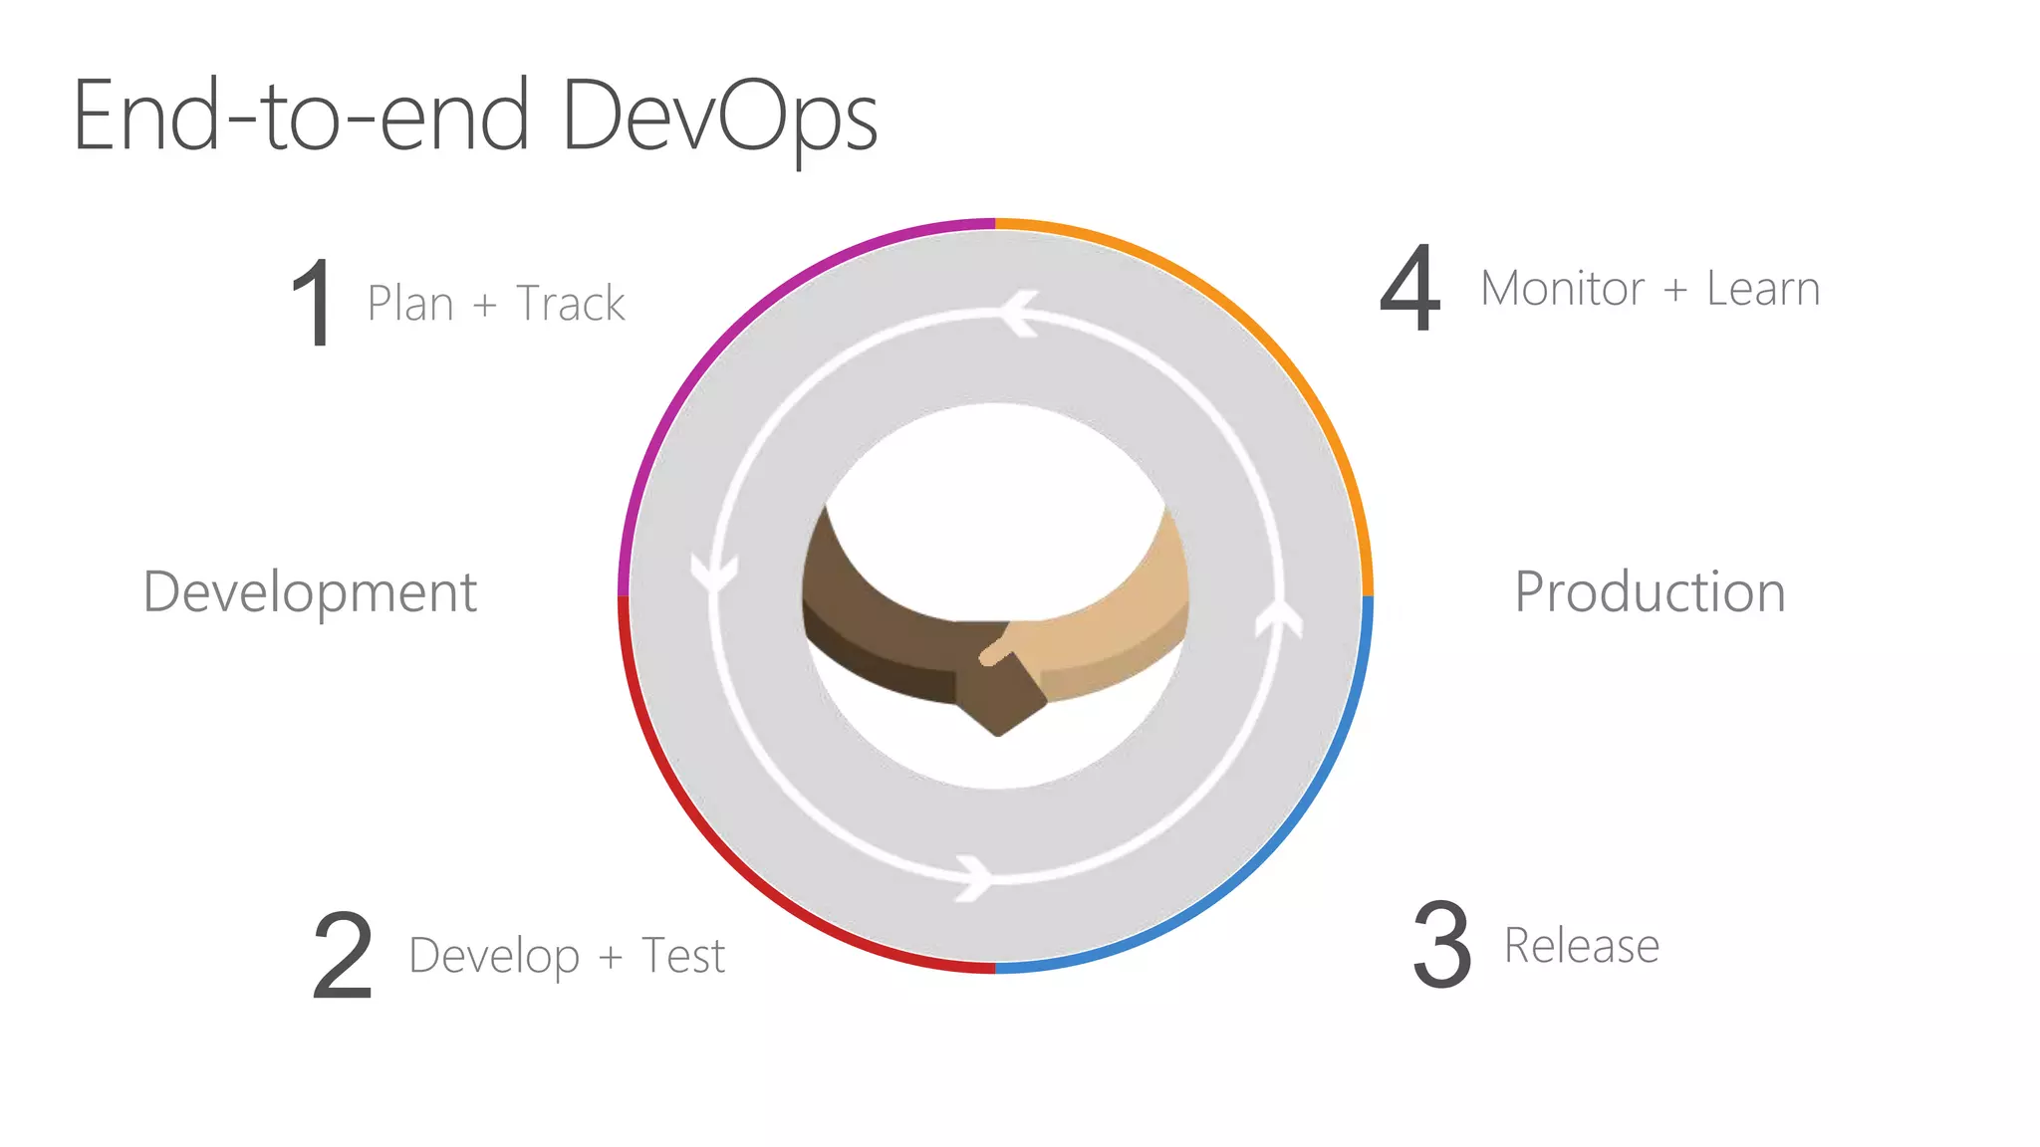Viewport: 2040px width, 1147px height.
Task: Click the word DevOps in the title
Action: point(719,117)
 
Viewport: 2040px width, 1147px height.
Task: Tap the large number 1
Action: point(313,303)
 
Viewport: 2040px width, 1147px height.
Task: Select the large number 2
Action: point(342,956)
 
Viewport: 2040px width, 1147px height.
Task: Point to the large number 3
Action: point(1441,945)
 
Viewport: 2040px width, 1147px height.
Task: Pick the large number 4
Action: point(1410,290)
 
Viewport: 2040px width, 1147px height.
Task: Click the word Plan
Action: point(410,304)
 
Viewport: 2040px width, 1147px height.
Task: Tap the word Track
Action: point(571,304)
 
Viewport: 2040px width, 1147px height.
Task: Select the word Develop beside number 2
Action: point(494,957)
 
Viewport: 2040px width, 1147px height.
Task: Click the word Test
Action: point(683,956)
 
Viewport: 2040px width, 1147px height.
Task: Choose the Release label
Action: point(1582,946)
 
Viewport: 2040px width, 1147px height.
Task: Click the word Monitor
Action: point(1562,289)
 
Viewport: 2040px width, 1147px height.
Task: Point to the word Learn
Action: point(1763,289)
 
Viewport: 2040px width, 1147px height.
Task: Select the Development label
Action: point(311,592)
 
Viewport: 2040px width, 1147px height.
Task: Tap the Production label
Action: point(1650,592)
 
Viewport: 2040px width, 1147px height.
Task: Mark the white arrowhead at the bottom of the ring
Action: point(973,877)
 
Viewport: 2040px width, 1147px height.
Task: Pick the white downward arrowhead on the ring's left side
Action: point(714,574)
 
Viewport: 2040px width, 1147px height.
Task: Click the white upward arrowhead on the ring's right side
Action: point(1279,617)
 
